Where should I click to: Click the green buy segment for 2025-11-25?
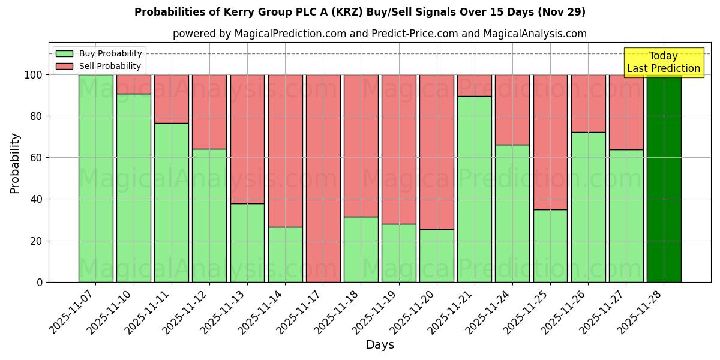tap(550, 245)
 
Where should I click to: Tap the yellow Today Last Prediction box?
tap(664, 62)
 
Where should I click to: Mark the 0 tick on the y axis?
tap(40, 282)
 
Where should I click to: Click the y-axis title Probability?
tap(15, 163)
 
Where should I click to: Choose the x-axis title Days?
tap(380, 345)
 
